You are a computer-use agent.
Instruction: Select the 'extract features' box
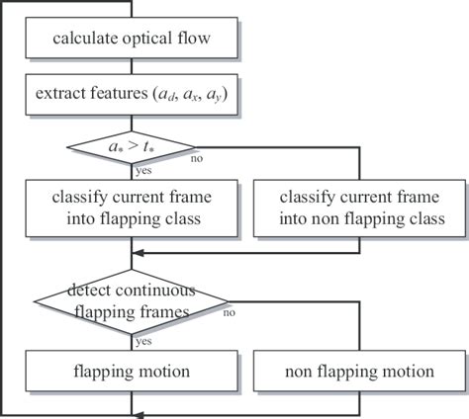click(x=132, y=95)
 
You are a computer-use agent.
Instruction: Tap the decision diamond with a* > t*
click(x=132, y=147)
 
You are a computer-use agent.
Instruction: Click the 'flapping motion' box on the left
click(x=132, y=372)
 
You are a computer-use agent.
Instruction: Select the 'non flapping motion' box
click(x=359, y=372)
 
